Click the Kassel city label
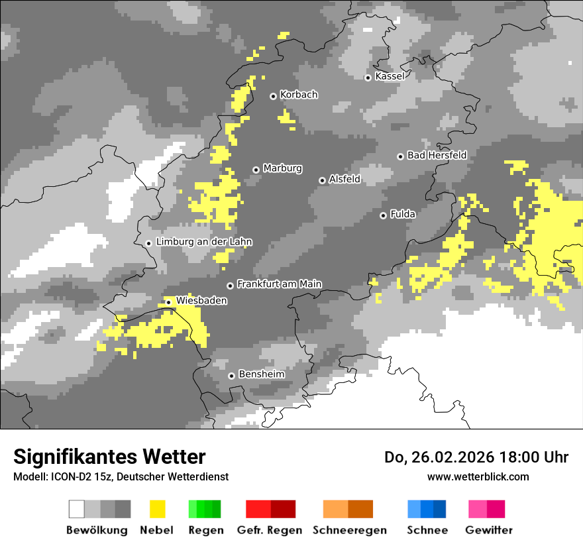click(x=390, y=76)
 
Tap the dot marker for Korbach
click(x=273, y=96)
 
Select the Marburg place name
click(x=282, y=168)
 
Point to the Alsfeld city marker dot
click(x=323, y=180)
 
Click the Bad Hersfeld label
click(x=437, y=155)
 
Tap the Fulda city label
click(x=403, y=214)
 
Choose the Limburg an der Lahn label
click(x=203, y=242)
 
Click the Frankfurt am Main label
click(x=279, y=284)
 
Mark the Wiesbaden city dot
click(x=169, y=302)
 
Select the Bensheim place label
click(x=261, y=374)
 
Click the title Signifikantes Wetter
click(x=109, y=457)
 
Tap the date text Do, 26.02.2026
click(x=440, y=457)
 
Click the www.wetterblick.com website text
click(x=478, y=476)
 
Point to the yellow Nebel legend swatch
click(x=158, y=509)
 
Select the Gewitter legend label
click(x=488, y=530)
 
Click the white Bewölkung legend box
click(x=77, y=509)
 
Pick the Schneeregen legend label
click(x=350, y=530)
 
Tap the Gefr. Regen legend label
click(x=269, y=530)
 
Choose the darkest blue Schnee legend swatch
click(x=440, y=509)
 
